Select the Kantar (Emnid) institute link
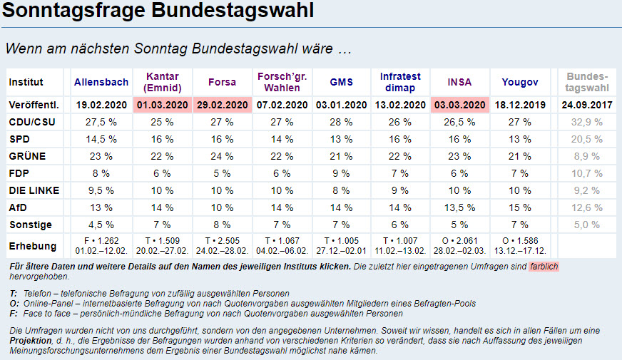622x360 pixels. point(162,82)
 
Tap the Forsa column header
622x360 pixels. point(222,82)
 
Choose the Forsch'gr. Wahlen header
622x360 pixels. point(282,82)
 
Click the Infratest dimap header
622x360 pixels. point(401,82)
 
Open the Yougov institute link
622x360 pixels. point(519,82)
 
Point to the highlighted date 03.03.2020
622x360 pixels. point(459,105)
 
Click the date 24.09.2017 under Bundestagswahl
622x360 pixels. point(587,105)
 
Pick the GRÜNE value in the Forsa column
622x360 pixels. point(222,156)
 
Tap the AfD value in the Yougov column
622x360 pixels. point(519,207)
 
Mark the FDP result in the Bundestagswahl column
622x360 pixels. point(587,173)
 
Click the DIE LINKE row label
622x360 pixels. point(34,190)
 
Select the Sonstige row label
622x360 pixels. point(30,225)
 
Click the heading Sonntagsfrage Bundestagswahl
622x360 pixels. point(158,12)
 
